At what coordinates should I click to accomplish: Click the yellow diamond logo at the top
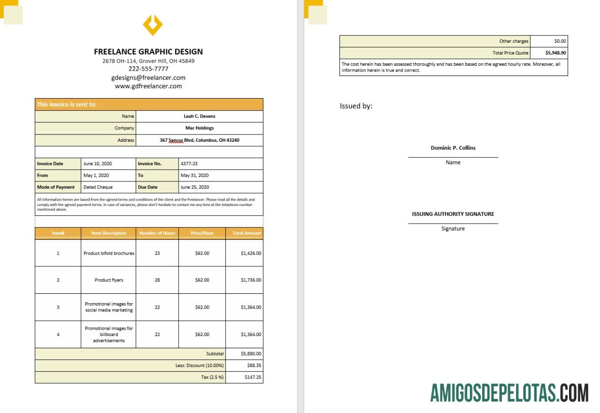(152, 25)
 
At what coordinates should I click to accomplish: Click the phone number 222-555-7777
(148, 69)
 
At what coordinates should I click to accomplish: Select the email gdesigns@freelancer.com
(148, 77)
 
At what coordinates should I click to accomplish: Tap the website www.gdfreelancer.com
(148, 86)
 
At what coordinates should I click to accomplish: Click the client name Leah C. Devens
(199, 116)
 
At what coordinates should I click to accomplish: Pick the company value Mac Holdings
(199, 128)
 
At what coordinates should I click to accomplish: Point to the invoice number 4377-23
(189, 164)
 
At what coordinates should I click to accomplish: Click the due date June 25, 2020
(194, 187)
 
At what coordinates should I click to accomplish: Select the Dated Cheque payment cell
(98, 187)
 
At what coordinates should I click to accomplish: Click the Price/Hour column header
(202, 233)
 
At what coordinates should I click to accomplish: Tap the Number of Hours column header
(157, 233)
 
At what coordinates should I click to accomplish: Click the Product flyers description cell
(109, 280)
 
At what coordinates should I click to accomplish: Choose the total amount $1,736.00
(251, 280)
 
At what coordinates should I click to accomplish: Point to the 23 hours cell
(157, 254)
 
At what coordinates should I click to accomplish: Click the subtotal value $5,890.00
(251, 354)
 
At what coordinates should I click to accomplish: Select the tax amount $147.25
(253, 378)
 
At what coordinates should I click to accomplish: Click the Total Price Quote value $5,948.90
(555, 53)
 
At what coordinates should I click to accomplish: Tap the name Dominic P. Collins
(453, 148)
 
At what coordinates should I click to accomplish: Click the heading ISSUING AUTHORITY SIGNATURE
(453, 214)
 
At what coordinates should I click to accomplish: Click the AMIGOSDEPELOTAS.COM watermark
(509, 393)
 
